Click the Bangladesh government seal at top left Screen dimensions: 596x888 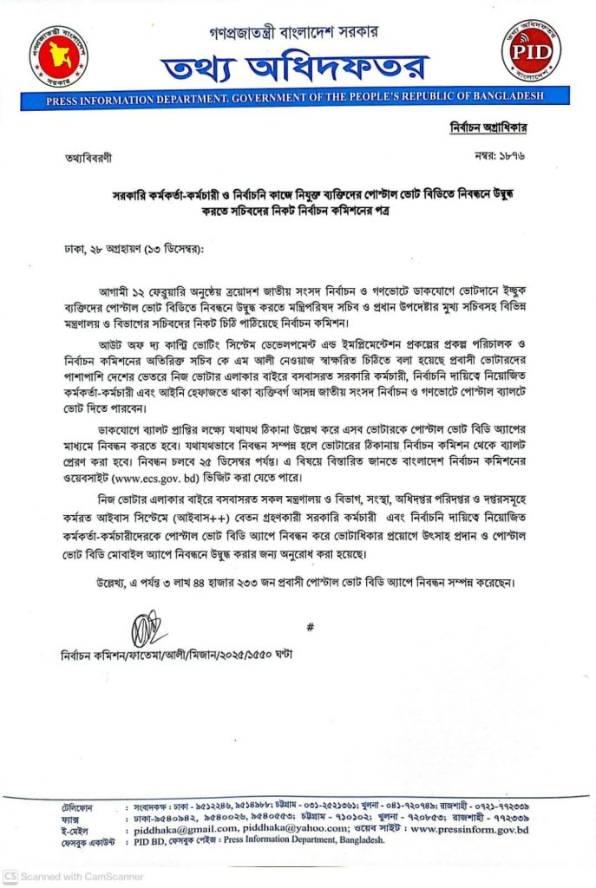click(x=58, y=54)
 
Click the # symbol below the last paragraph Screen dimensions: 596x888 click(x=310, y=626)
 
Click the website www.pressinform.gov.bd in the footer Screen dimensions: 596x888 click(x=473, y=829)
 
